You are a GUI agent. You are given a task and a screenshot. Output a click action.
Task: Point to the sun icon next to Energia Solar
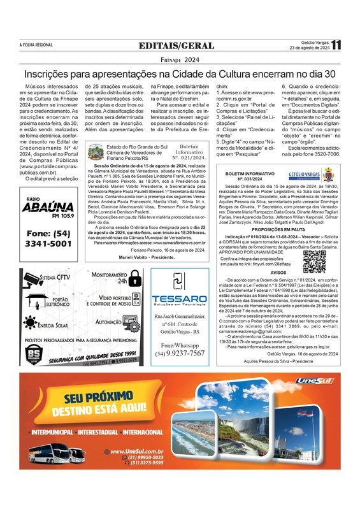(x=30, y=325)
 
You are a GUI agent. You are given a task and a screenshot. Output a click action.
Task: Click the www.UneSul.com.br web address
(x=136, y=451)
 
